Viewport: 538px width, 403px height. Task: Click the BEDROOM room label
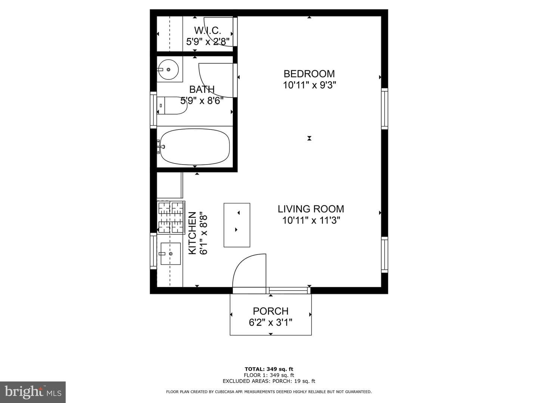point(309,74)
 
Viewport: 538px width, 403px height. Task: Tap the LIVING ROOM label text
point(311,209)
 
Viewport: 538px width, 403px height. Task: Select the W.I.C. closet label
point(208,31)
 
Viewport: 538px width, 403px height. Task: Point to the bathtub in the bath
point(195,147)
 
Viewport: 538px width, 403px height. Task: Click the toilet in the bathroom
point(172,106)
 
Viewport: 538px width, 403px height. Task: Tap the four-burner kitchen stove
point(171,218)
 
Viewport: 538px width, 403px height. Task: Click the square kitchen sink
point(171,253)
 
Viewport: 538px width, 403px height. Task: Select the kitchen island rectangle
point(237,225)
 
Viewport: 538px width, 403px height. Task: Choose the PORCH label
point(270,311)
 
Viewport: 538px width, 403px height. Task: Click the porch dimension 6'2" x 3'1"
point(270,323)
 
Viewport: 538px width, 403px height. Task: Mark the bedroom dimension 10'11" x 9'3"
point(309,85)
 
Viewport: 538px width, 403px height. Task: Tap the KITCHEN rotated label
point(192,233)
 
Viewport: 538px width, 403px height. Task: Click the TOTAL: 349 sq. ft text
point(269,369)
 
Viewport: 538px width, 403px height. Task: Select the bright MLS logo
point(33,392)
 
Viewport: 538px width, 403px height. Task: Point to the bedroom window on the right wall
point(384,109)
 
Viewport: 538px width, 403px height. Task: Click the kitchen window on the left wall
point(153,251)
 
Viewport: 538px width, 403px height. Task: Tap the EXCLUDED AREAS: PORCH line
point(269,381)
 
